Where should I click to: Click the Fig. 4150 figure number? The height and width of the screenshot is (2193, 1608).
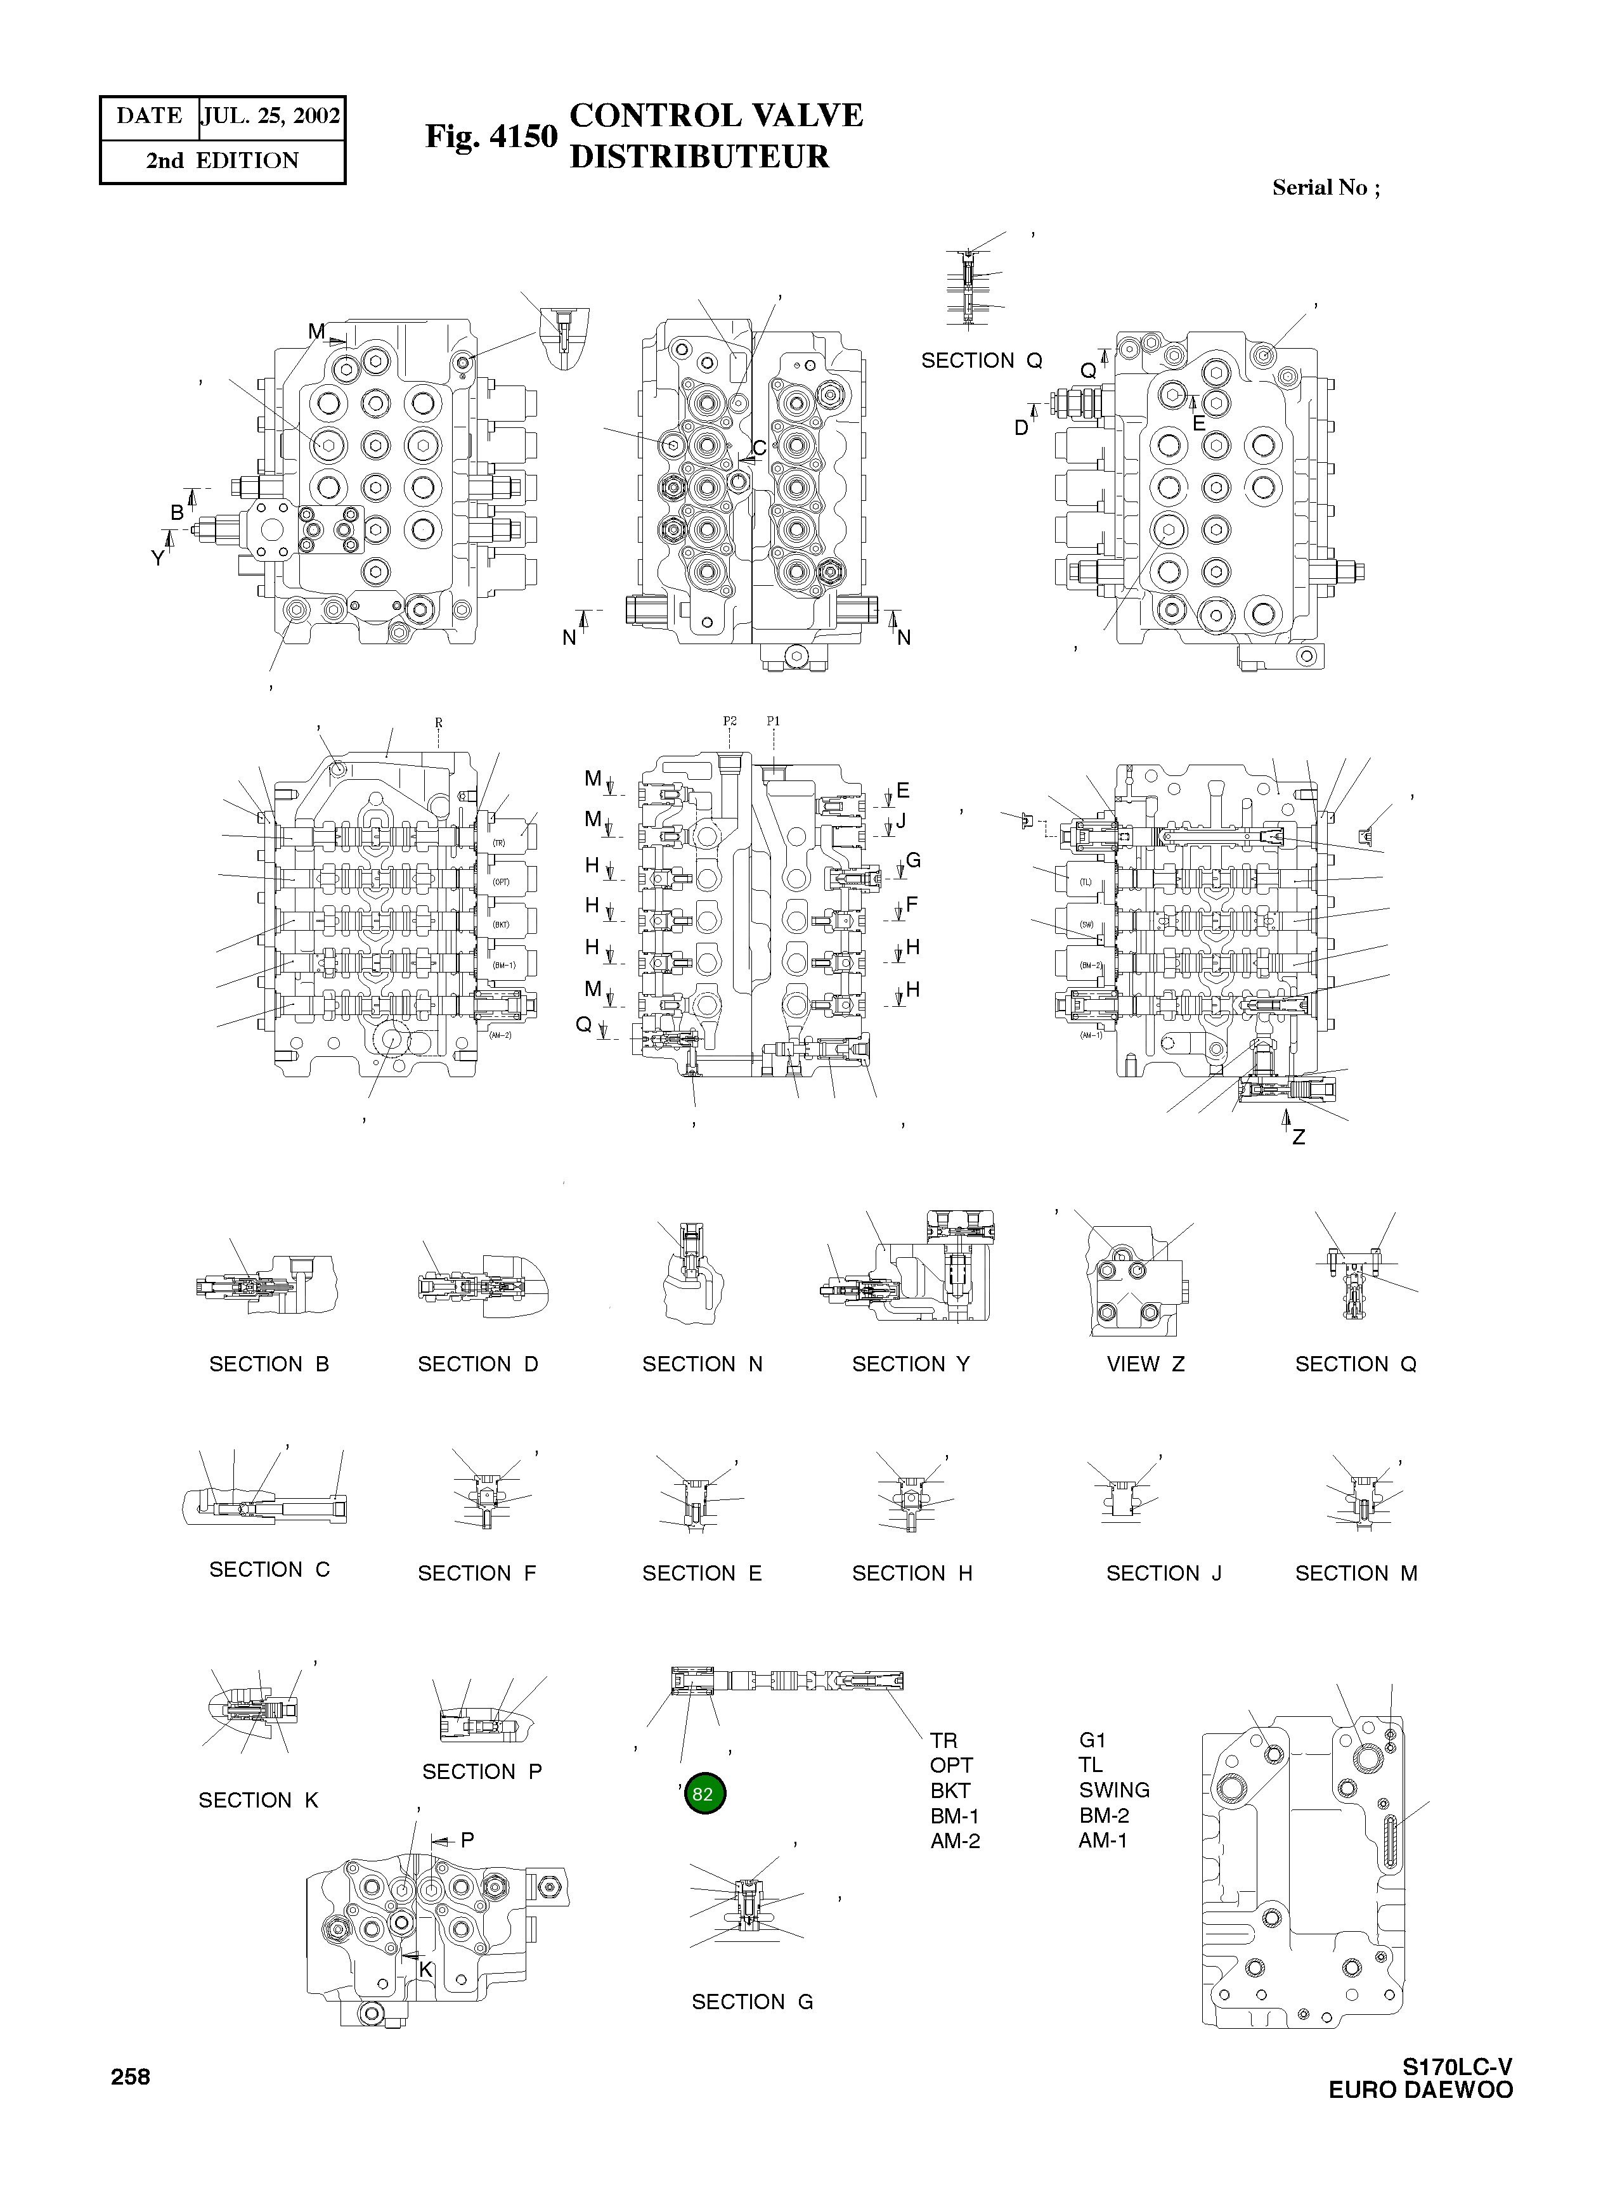tap(491, 137)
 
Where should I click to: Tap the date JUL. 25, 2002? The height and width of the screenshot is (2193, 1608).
tap(271, 117)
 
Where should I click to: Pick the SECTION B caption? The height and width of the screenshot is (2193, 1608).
tap(269, 1364)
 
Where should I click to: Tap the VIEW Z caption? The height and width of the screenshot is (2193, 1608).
tap(1146, 1364)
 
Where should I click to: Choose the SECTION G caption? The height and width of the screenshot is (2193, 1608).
tap(751, 2002)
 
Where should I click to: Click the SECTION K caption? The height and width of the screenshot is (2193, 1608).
tap(258, 1800)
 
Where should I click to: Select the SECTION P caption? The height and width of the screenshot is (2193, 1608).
tap(482, 1771)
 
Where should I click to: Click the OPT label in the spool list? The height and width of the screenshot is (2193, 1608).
tap(951, 1764)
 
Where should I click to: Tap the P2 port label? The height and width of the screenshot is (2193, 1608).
tap(729, 721)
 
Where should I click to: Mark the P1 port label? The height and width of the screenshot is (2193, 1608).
tap(773, 721)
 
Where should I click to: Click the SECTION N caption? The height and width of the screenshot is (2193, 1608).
tap(702, 1364)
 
